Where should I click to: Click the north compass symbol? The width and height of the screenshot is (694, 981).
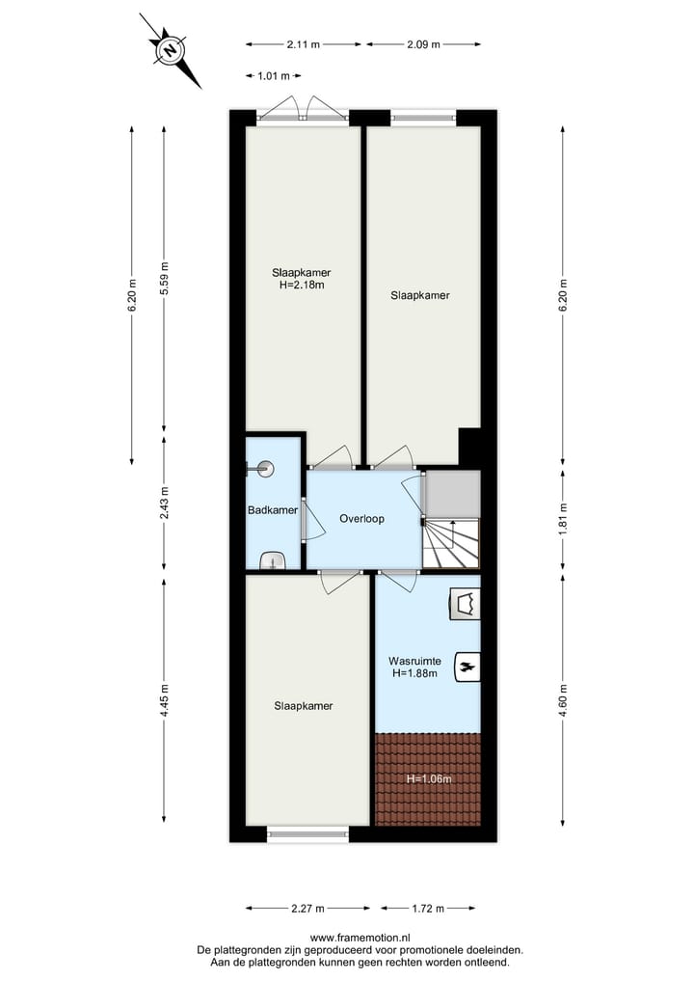pos(171,50)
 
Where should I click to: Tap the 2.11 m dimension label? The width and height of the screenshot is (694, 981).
pos(303,44)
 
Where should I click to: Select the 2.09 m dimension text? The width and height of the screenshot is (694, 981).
pos(423,44)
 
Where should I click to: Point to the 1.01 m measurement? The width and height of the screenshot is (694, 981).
pos(274,75)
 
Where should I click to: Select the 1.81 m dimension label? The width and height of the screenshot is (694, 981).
pos(563,520)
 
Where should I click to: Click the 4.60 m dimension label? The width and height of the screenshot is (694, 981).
pos(563,698)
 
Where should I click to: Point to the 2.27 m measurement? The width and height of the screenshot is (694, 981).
pos(307,908)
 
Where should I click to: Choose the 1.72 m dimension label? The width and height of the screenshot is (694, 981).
pos(427,908)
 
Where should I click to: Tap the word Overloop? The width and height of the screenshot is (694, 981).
pos(361,519)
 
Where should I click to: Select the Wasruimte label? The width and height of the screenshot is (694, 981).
pos(414,662)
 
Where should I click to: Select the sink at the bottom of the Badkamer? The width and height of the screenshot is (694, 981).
pos(274,560)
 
